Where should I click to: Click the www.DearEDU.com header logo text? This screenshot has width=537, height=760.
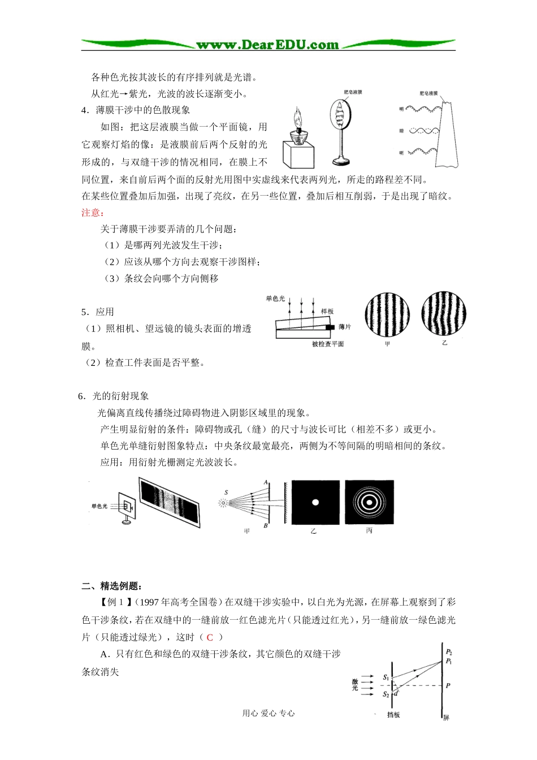(x=267, y=45)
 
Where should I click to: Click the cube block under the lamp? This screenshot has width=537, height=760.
(x=297, y=152)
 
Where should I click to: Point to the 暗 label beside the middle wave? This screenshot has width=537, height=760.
(x=401, y=131)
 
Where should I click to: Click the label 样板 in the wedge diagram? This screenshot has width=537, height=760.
(x=327, y=312)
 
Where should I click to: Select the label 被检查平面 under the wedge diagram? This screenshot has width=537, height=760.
(x=328, y=344)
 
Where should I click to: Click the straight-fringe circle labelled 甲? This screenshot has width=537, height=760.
(x=387, y=314)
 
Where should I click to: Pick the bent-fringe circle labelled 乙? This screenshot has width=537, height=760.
(x=444, y=313)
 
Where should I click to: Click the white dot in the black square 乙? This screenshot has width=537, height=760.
(x=315, y=502)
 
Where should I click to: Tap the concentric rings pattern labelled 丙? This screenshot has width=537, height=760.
(x=369, y=502)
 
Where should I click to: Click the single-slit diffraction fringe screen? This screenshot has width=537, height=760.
(x=170, y=502)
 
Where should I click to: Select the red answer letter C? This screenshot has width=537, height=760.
(x=209, y=637)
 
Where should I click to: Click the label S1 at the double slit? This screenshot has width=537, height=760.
(x=386, y=677)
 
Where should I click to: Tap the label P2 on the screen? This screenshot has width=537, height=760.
(x=449, y=652)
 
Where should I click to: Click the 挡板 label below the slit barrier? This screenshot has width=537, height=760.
(x=393, y=715)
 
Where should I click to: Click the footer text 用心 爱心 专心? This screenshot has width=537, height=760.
(x=268, y=714)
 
